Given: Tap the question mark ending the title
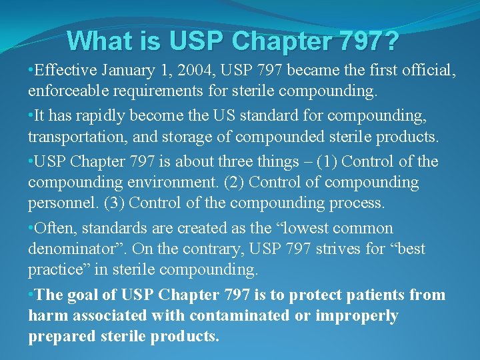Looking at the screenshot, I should pyautogui.click(x=392, y=41).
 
